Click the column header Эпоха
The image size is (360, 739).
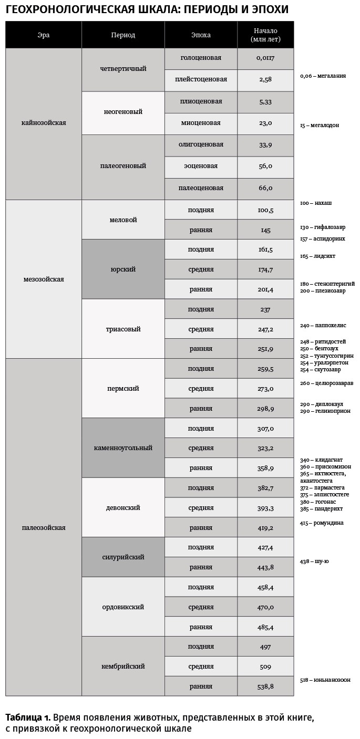[201, 35]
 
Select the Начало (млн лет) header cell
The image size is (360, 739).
[265, 35]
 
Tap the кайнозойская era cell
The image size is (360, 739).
[44, 123]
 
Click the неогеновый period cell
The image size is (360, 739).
[123, 112]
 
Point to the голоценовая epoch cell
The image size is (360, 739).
[201, 58]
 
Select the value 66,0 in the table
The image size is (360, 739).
[265, 188]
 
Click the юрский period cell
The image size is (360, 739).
[123, 269]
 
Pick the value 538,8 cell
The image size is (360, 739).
[265, 686]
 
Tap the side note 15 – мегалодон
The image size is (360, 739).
[320, 126]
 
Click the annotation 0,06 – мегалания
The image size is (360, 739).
[323, 76]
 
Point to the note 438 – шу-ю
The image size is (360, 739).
[314, 561]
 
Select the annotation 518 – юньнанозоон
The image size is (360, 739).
[325, 680]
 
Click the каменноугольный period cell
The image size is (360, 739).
[123, 448]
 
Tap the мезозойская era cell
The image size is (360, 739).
[44, 279]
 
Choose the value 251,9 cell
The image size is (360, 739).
[265, 349]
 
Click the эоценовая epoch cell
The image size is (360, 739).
[201, 166]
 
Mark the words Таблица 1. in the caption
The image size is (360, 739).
[28, 717]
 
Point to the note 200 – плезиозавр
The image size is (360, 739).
[323, 290]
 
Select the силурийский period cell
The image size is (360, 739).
[123, 557]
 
